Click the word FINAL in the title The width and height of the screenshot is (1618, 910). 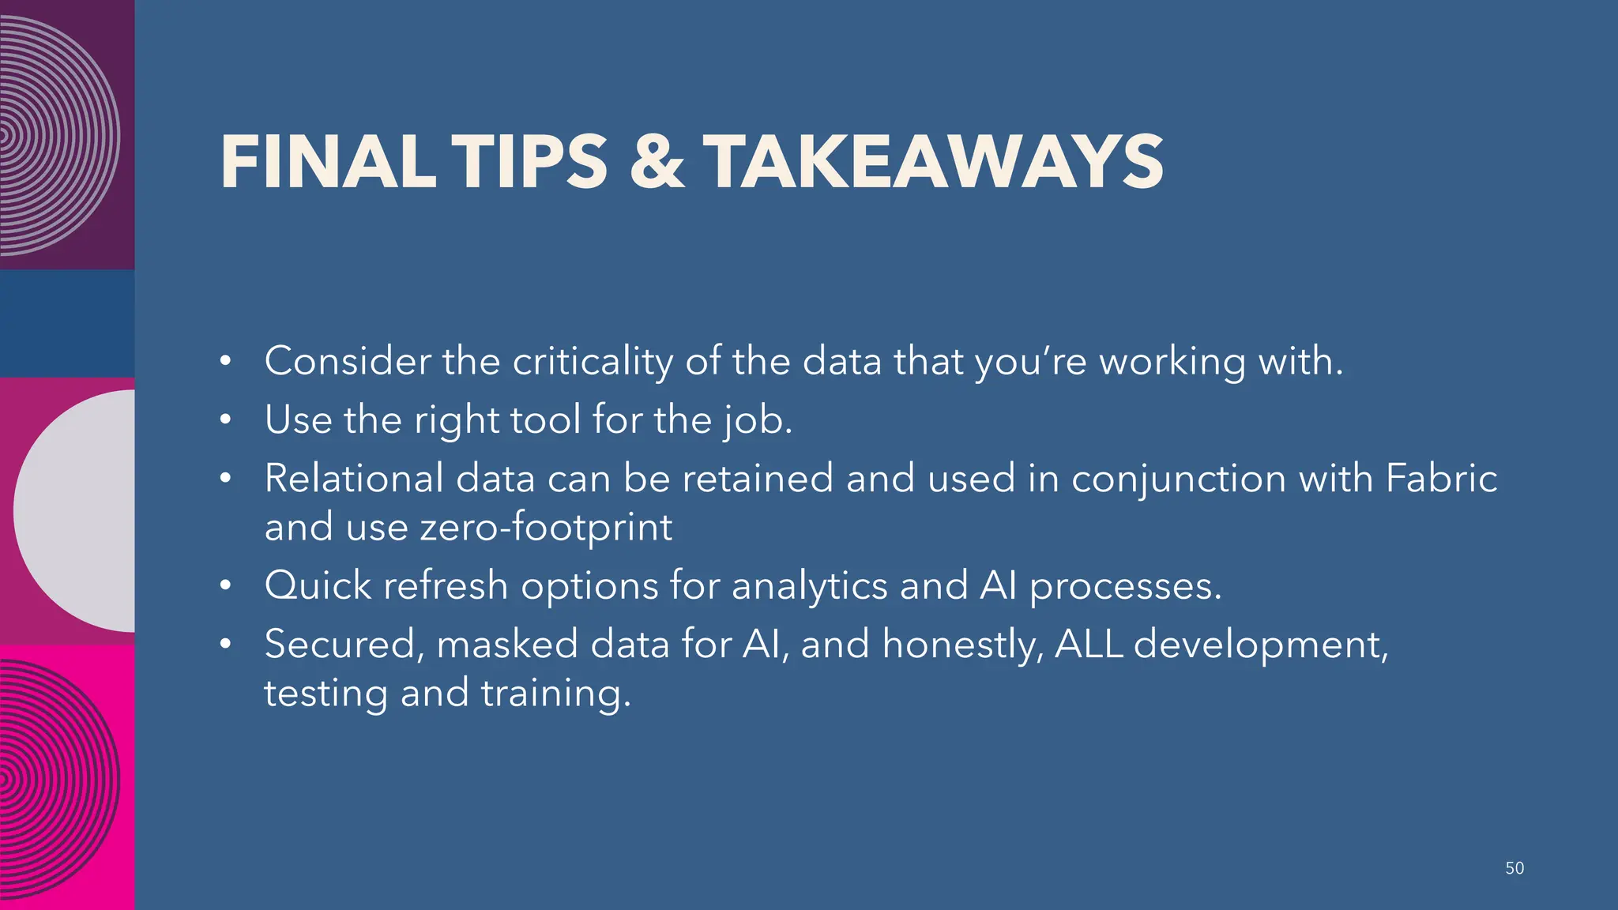click(x=328, y=162)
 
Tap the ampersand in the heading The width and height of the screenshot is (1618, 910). click(x=657, y=162)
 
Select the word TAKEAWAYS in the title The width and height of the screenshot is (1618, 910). click(x=933, y=162)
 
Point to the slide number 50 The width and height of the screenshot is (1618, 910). click(x=1514, y=868)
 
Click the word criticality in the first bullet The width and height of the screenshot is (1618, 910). click(x=593, y=362)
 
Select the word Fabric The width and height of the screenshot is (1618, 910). click(x=1441, y=478)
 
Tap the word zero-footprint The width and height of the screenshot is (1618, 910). click(x=546, y=527)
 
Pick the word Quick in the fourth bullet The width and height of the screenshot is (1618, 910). click(x=318, y=586)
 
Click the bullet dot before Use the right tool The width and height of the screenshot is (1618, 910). click(x=226, y=419)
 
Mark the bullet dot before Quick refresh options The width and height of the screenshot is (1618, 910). click(x=226, y=586)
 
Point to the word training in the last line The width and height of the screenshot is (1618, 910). click(x=555, y=694)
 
